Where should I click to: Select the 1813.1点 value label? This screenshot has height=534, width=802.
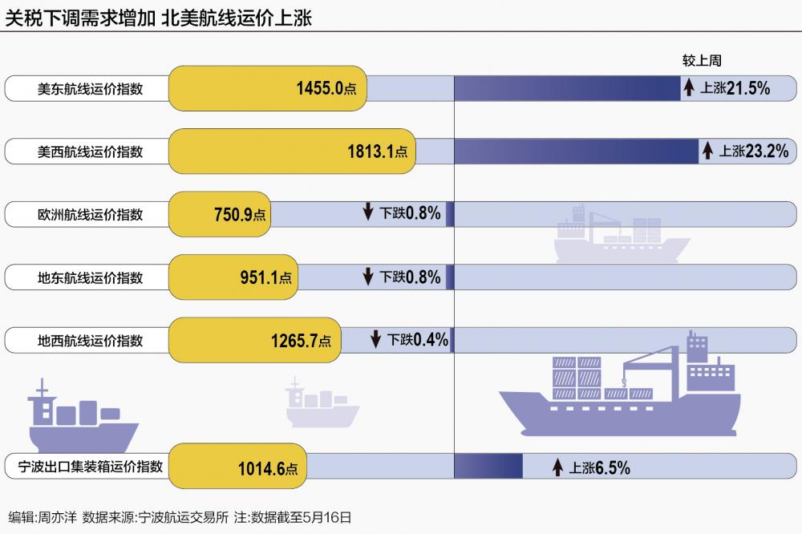377,151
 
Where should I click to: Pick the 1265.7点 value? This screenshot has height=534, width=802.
301,340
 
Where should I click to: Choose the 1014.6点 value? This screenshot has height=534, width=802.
268,469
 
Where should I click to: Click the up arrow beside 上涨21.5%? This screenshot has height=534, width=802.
688,88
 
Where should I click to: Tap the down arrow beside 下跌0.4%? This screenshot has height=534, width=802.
375,339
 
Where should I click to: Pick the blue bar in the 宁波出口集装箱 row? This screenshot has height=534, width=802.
488,467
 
